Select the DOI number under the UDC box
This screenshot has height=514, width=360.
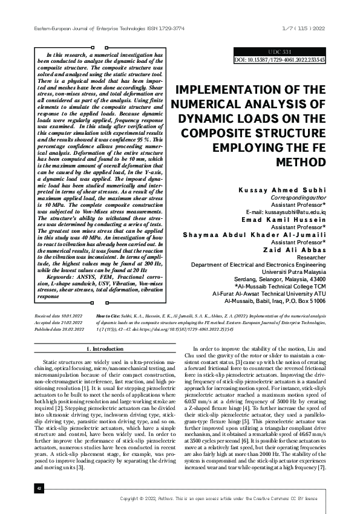click(280, 60)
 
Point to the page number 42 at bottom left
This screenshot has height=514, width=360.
click(22, 487)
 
